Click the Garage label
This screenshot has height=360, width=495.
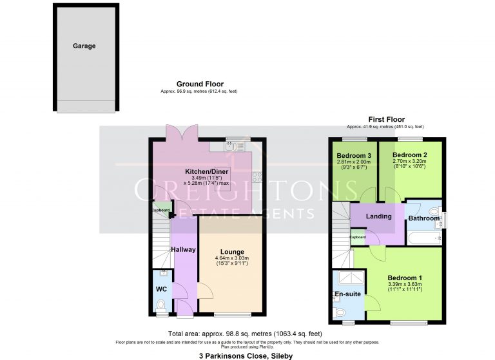tap(84, 46)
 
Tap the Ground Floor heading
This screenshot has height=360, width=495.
tap(199, 84)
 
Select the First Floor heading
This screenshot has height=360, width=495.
tap(386, 119)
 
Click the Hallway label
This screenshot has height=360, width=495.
tap(184, 249)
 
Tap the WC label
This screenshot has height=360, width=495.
tap(161, 289)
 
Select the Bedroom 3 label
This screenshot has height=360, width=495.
tap(354, 155)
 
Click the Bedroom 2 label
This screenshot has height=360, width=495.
tap(410, 155)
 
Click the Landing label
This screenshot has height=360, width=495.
tap(378, 216)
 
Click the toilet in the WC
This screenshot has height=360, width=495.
tap(161, 305)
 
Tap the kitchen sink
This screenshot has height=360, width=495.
tap(232, 147)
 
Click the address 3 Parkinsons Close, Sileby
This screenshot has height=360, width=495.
tap(247, 354)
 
